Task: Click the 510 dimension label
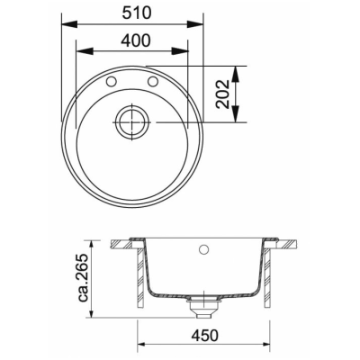click(x=136, y=13)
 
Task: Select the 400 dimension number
click(x=135, y=40)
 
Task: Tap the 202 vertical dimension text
click(x=223, y=94)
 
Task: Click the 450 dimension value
click(x=204, y=336)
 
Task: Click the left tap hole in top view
click(x=111, y=81)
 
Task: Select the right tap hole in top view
click(x=153, y=81)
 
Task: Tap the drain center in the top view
click(x=132, y=122)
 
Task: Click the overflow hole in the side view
click(x=204, y=248)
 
